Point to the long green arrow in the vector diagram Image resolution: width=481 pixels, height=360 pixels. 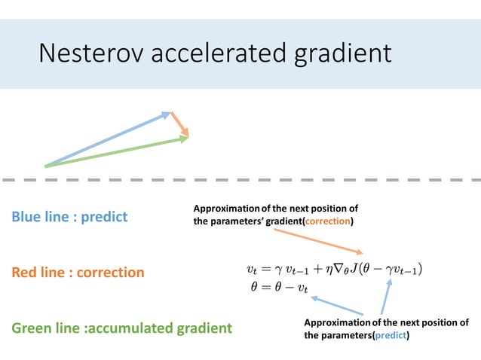(117, 151)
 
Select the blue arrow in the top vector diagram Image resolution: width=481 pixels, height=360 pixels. (106, 140)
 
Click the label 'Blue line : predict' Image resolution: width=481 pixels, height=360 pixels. (69, 217)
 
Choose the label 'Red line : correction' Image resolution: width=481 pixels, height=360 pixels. (78, 272)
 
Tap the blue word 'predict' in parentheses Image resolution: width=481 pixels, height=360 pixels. (391, 335)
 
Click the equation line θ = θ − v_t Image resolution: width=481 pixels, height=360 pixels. (277, 287)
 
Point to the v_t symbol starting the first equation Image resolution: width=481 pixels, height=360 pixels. (253, 270)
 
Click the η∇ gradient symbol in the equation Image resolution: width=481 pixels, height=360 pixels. (334, 269)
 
